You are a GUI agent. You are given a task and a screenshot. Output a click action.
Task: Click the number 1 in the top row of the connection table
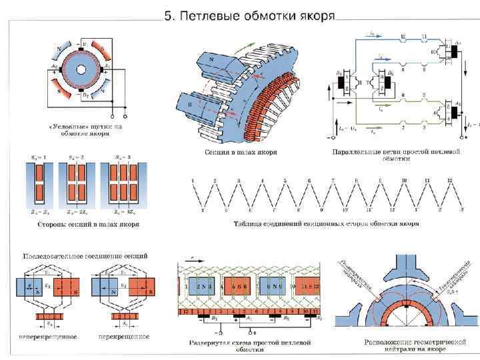click(x=193, y=181)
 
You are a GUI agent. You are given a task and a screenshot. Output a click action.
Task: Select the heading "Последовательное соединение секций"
click(x=86, y=255)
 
